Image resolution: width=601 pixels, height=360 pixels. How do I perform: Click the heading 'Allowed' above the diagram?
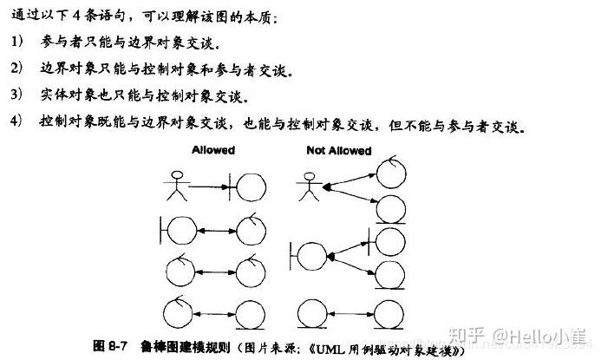pyautogui.click(x=212, y=151)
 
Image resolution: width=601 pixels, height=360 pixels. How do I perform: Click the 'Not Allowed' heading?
pyautogui.click(x=338, y=151)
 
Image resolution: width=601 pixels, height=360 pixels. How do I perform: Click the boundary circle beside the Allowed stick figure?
pyautogui.click(x=251, y=186)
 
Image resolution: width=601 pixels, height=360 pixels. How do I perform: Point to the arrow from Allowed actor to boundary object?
pyautogui.click(x=207, y=186)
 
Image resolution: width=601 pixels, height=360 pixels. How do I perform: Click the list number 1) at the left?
pyautogui.click(x=18, y=43)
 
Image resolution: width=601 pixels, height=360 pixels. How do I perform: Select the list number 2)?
pyautogui.click(x=18, y=69)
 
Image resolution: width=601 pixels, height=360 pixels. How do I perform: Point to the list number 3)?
pyautogui.click(x=18, y=95)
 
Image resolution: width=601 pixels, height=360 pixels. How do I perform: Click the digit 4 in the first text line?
pyautogui.click(x=82, y=16)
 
